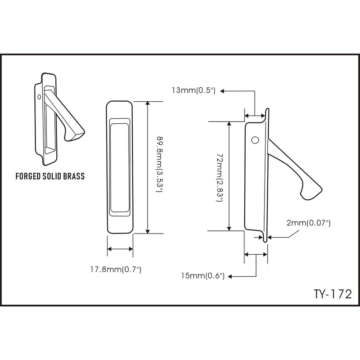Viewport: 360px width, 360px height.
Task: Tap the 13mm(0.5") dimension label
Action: (194, 90)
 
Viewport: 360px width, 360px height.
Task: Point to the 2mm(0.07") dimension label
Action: (309, 223)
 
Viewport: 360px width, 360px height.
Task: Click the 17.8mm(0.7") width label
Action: (116, 270)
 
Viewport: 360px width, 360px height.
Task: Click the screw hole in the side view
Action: (255, 140)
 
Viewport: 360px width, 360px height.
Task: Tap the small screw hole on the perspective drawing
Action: (40, 96)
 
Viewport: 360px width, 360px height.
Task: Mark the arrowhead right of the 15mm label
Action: (230, 276)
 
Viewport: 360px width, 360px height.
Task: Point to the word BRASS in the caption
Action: (73, 176)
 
